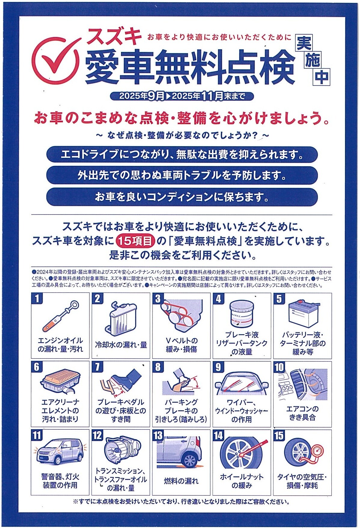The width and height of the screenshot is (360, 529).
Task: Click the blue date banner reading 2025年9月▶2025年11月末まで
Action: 182,96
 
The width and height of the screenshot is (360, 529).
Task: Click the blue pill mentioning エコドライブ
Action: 182,155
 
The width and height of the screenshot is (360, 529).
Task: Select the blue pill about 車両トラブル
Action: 182,175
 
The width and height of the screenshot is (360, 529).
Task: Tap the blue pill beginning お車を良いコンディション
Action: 182,197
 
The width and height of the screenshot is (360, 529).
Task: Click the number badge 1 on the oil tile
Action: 37,299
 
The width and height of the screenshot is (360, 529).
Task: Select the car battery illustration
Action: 303,314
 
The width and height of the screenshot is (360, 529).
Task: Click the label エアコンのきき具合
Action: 302,413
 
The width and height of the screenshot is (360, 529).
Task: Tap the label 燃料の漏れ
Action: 181,481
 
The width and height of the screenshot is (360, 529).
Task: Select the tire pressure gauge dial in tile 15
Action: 317,450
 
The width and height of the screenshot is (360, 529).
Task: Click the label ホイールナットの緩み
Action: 241,481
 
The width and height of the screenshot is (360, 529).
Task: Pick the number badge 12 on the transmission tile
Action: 97,435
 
